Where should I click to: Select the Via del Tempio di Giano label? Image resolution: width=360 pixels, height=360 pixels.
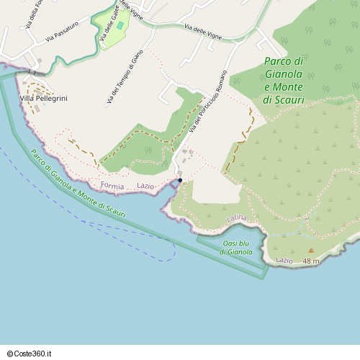click(x=125, y=77)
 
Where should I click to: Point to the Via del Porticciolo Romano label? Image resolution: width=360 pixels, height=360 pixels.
click(x=208, y=102)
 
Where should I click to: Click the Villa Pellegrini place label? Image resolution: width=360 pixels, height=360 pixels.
click(x=43, y=98)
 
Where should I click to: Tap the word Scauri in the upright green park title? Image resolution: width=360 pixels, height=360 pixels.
click(x=290, y=99)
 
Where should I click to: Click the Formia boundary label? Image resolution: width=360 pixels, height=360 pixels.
click(x=112, y=186)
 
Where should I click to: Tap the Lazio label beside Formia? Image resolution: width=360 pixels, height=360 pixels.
click(x=145, y=186)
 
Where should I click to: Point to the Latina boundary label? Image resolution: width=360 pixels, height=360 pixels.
click(x=236, y=217)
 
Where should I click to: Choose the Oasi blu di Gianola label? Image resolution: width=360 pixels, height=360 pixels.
click(x=236, y=248)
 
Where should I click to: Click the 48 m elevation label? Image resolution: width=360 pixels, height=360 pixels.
click(x=311, y=260)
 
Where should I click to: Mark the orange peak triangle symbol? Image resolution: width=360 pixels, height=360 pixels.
click(x=311, y=251)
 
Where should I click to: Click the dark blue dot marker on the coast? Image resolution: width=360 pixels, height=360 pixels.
click(x=180, y=180)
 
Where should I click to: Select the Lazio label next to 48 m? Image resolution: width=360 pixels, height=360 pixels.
click(x=284, y=260)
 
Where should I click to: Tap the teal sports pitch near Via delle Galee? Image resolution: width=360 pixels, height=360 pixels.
click(x=120, y=25)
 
